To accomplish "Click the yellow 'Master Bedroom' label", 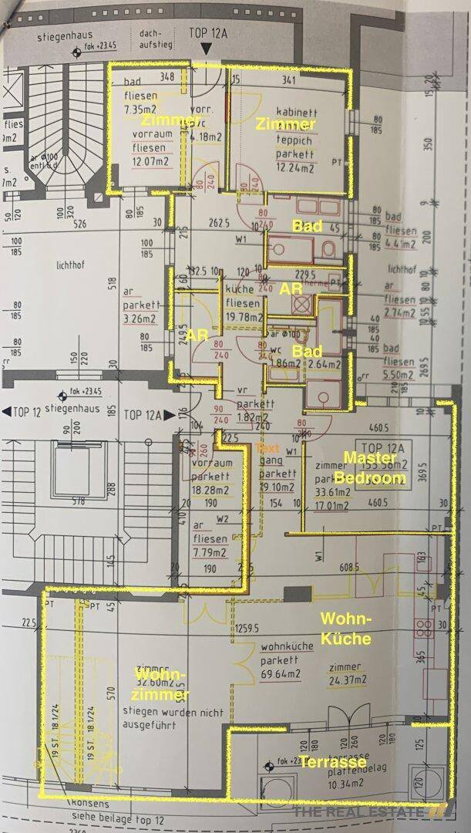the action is [x=375, y=467].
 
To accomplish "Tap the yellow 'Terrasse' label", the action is [x=332, y=762].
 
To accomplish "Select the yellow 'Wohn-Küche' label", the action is [x=346, y=629].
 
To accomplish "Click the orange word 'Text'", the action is [x=267, y=447].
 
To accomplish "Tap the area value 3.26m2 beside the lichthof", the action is [x=140, y=315].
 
